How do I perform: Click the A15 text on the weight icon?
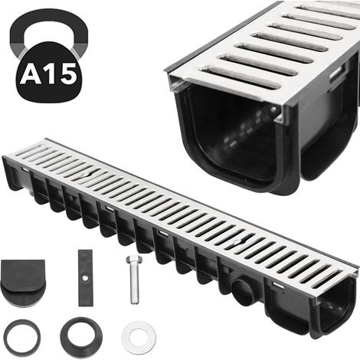coord(48,74)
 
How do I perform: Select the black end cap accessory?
coord(23,283)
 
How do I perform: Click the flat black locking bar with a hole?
coord(86,278)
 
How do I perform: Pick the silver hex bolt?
coord(134,280)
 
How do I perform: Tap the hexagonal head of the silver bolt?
coord(133,260)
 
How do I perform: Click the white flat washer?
coord(139,338)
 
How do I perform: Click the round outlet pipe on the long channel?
coord(244,291)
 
